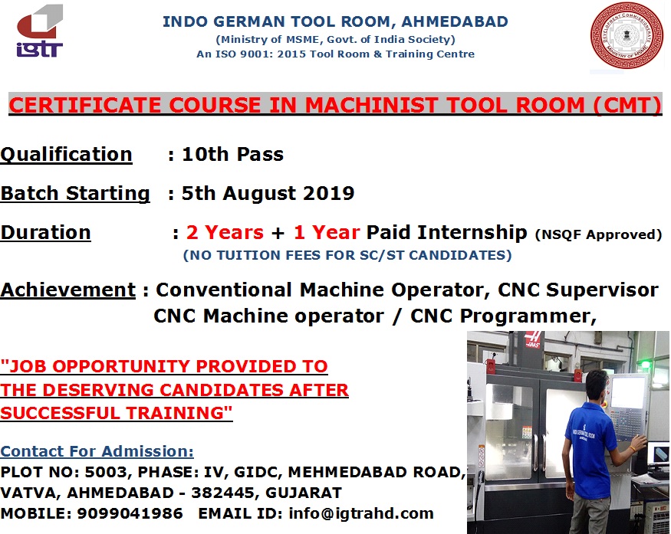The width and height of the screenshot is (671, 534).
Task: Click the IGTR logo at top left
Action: (40, 31)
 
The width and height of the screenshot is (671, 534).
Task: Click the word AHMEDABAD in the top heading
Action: (455, 21)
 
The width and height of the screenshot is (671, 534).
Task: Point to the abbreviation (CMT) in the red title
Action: (627, 105)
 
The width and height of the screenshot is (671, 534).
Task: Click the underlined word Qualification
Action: (66, 154)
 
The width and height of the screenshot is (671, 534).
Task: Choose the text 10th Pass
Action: (233, 154)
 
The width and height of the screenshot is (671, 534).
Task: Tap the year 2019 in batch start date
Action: (328, 193)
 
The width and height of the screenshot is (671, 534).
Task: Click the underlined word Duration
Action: (46, 233)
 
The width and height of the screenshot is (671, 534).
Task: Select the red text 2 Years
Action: (225, 233)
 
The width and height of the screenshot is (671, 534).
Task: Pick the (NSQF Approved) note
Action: (598, 234)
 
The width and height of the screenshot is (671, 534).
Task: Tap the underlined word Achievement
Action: (68, 290)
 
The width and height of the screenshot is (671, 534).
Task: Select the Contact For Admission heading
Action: (97, 451)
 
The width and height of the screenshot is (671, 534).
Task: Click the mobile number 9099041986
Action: (130, 513)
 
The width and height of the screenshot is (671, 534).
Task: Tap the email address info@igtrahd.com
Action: (361, 513)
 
